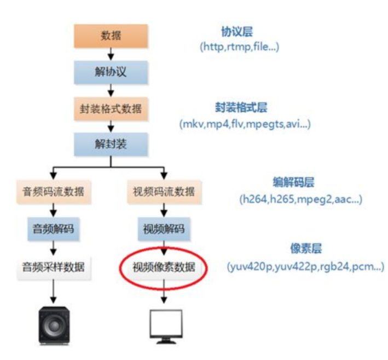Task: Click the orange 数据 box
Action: pos(112,36)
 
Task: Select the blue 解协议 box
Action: pos(112,72)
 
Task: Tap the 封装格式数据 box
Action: pos(112,108)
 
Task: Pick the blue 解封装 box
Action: pos(112,145)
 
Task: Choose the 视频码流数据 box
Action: pos(164,192)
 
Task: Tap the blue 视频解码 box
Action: pos(164,228)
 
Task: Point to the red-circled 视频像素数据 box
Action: pos(164,268)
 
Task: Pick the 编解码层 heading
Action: pos(290,181)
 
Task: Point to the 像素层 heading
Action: pos(305,250)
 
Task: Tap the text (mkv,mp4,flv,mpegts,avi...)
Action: pos(245,124)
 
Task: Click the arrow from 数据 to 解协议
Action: pos(112,54)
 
